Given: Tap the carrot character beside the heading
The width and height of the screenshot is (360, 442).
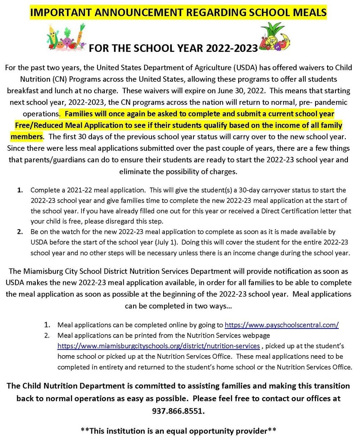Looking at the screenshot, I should [81, 35].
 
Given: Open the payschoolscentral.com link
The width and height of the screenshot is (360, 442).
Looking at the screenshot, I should [281, 325].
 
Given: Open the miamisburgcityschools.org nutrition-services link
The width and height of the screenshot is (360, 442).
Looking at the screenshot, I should [158, 346].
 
